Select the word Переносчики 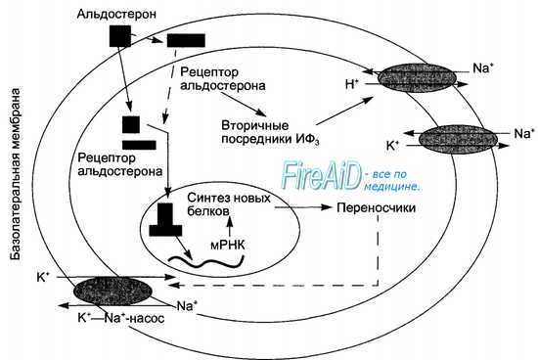click(x=377, y=208)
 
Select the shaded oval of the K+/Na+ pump click(x=107, y=292)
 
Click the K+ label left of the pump click(x=44, y=279)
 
